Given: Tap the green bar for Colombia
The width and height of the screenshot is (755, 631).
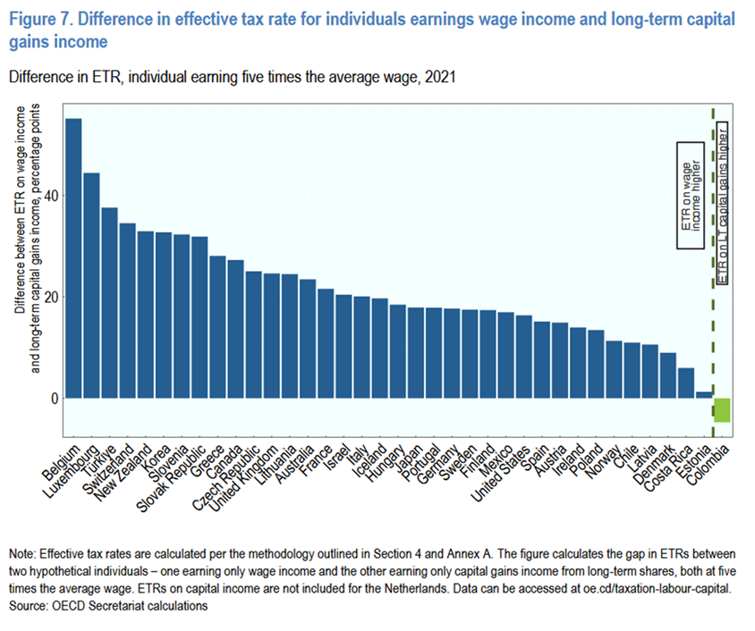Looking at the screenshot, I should click(722, 409).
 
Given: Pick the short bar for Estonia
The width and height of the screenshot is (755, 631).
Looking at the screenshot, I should click(704, 394).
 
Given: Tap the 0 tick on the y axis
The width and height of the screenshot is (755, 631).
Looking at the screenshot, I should click(54, 398).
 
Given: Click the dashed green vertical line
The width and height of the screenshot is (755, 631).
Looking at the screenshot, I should click(712, 268).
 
